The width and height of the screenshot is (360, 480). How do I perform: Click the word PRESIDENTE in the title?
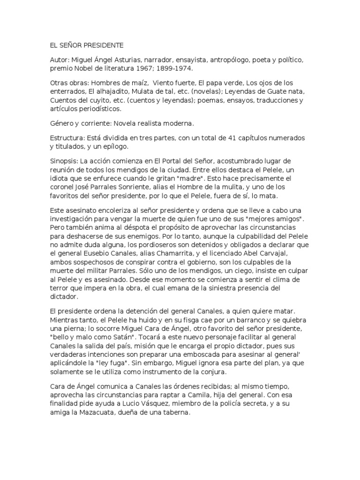click(101, 45)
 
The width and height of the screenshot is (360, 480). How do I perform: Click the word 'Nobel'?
click(84, 68)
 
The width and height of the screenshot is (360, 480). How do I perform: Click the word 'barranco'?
click(246, 321)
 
